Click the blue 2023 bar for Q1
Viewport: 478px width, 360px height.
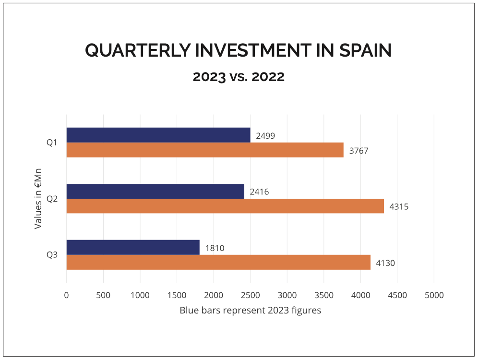[x=158, y=135]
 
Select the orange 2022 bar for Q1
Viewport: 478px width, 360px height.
[x=205, y=150]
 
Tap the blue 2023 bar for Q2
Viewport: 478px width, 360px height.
[x=155, y=191]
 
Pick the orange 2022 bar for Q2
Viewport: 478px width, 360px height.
[x=225, y=206]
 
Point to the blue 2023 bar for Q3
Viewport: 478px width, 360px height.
[x=133, y=247]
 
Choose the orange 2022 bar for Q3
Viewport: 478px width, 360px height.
[x=218, y=263]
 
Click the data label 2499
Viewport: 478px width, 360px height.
[x=265, y=136]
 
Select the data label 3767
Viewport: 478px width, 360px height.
[x=358, y=151]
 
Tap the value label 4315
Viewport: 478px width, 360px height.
[x=399, y=207]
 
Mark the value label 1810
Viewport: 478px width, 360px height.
[x=215, y=248]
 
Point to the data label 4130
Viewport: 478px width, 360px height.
[x=385, y=263]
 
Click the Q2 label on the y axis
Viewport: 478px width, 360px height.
[x=52, y=199]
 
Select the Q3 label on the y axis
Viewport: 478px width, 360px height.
[x=52, y=255]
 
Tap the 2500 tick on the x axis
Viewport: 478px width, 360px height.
[x=250, y=295]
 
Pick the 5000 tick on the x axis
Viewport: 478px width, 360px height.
[x=434, y=295]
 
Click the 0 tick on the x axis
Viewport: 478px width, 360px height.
[x=66, y=295]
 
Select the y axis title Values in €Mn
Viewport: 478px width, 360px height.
[x=38, y=198]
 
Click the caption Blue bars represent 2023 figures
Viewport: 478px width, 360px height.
[x=250, y=310]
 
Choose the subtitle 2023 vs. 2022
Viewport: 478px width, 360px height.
[x=239, y=77]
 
